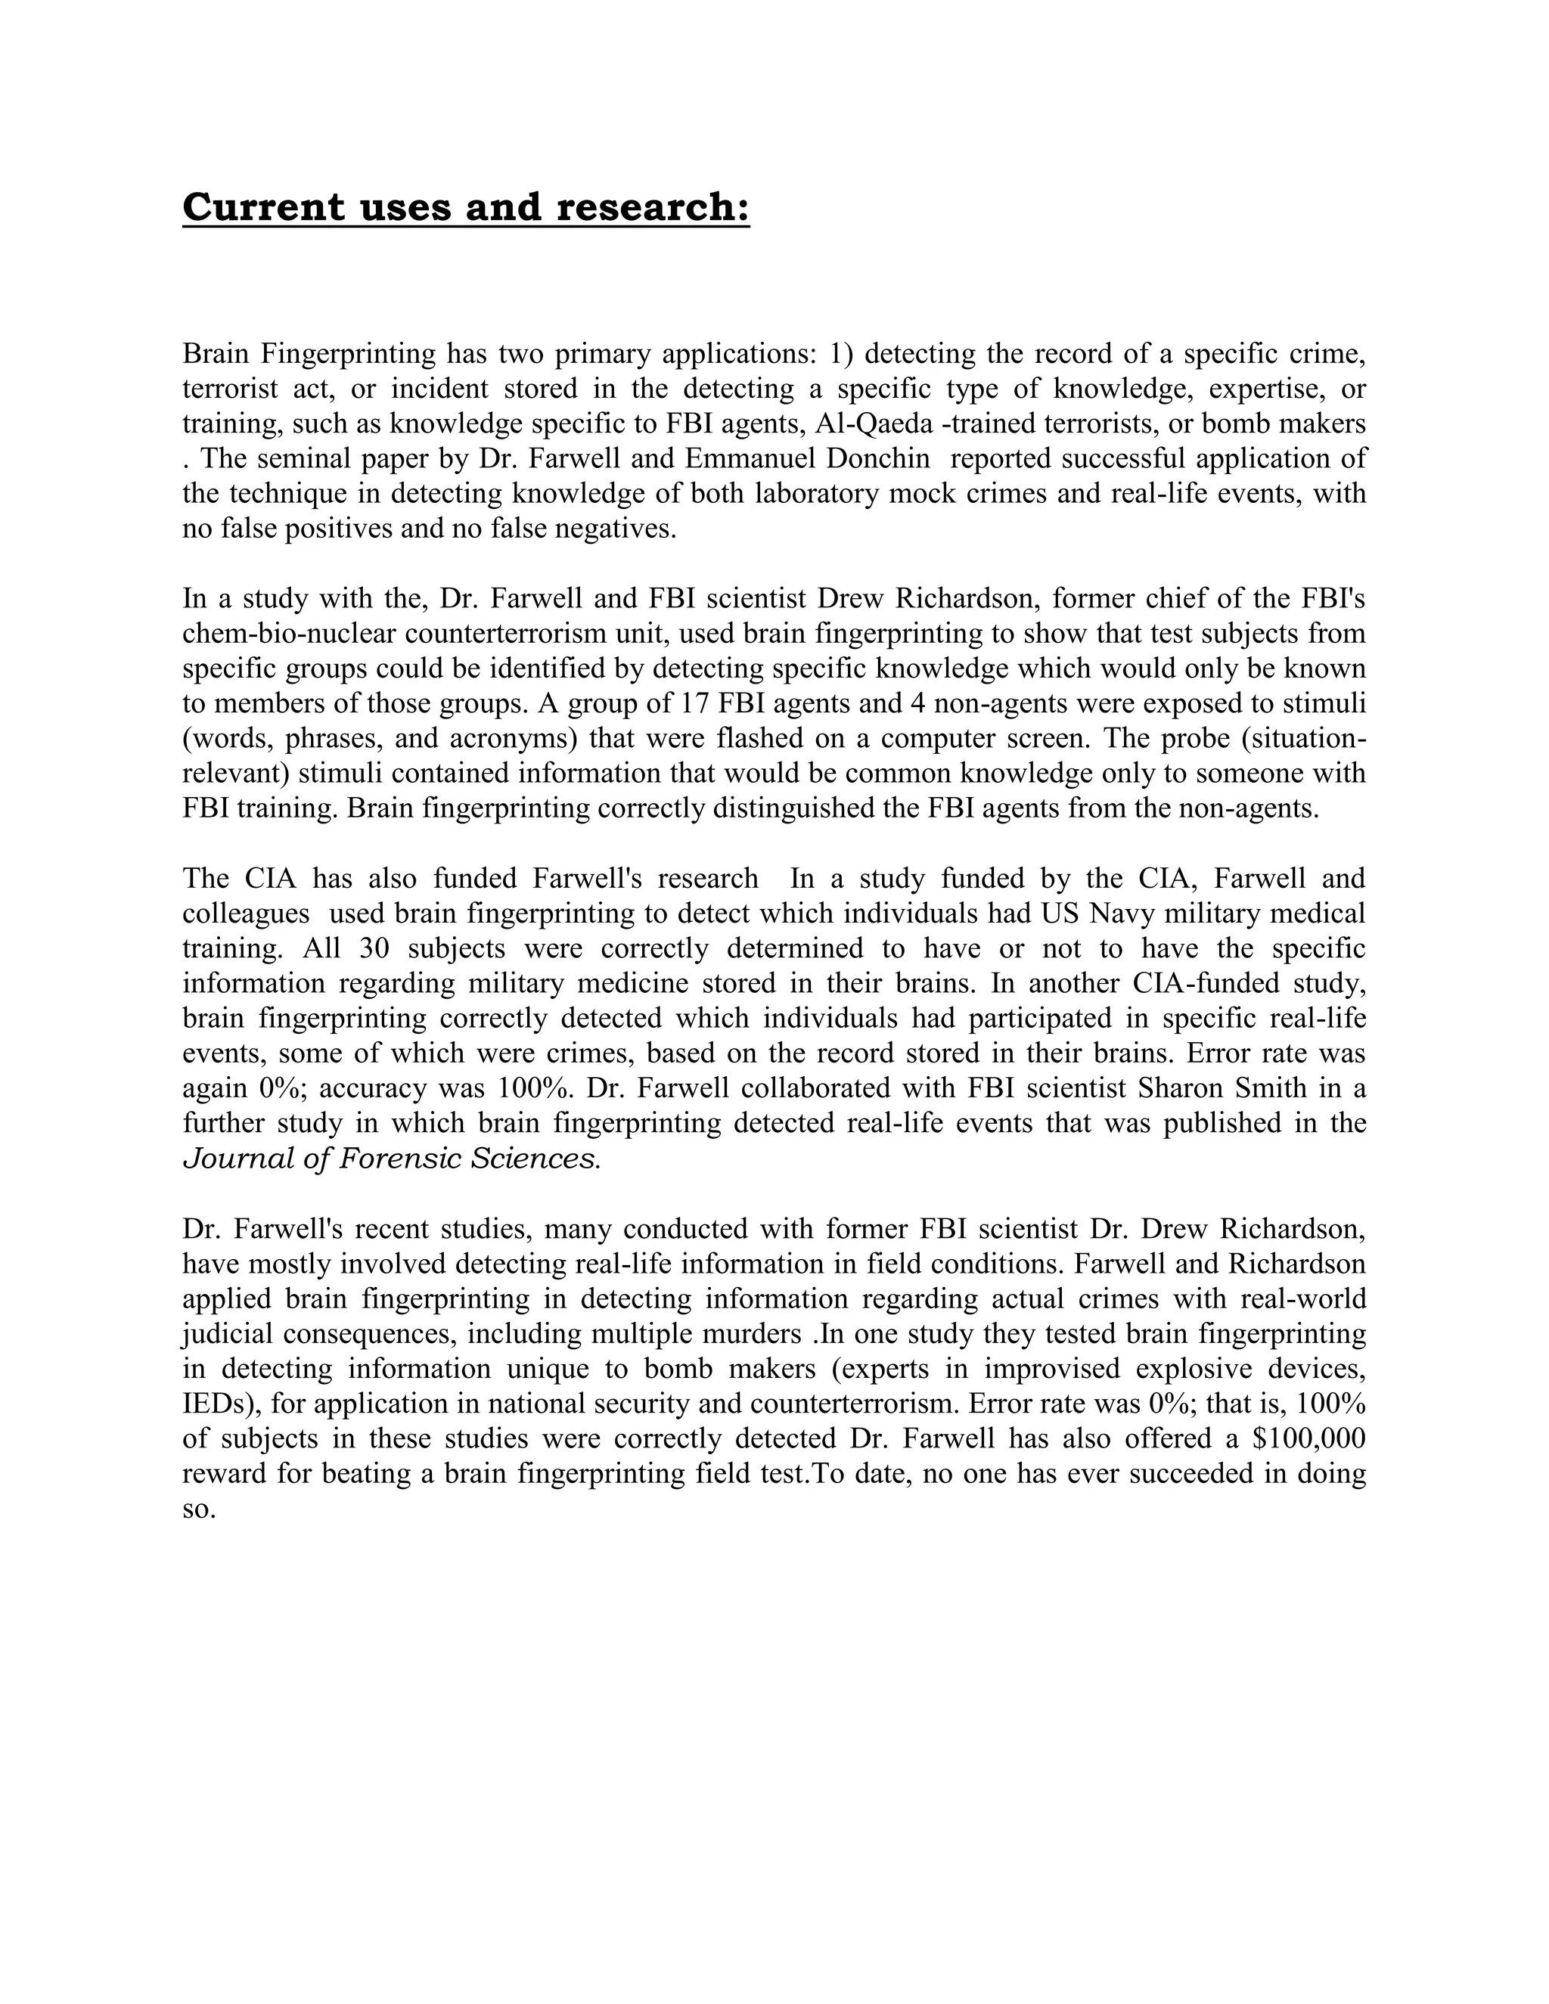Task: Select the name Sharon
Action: tap(1178, 1088)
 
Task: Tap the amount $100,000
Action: tap(1308, 1439)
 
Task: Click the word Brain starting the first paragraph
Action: tap(218, 354)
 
